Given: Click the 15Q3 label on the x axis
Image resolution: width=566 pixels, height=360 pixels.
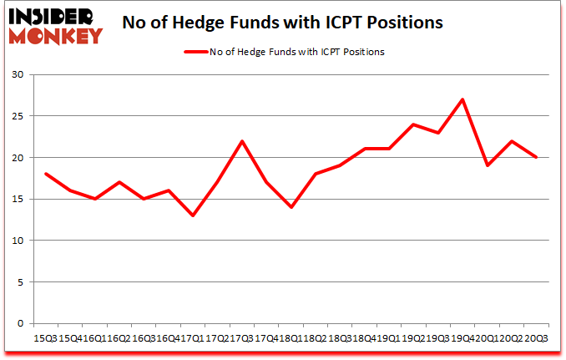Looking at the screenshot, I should click(45, 337).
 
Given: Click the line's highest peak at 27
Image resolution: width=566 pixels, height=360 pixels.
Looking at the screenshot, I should click(462, 99).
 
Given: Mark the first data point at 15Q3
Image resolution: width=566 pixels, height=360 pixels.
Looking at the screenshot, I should click(45, 174).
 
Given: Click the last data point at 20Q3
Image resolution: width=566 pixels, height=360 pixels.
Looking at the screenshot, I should click(535, 157).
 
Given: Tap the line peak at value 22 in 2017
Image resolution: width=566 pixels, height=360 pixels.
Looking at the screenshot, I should click(241, 141).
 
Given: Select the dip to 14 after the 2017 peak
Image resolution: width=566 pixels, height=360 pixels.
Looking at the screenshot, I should click(291, 207).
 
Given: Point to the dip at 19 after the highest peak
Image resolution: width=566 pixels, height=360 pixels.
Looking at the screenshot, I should click(488, 165).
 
